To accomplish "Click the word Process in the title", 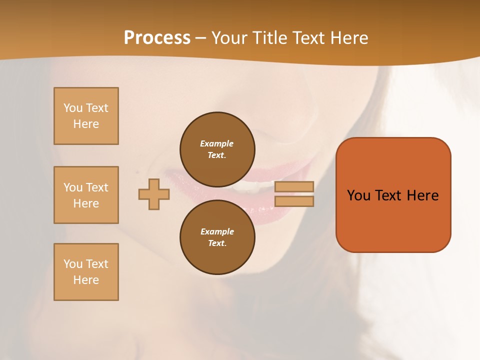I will (x=157, y=38).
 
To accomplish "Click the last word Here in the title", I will (x=347, y=38).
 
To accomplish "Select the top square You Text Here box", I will (x=86, y=116).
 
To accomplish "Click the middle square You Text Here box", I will (x=86, y=195).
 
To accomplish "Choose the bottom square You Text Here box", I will (x=86, y=272).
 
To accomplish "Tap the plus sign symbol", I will (x=154, y=194).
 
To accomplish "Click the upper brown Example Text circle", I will (x=217, y=149).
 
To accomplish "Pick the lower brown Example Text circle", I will (x=217, y=237).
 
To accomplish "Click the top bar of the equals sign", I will (x=294, y=186).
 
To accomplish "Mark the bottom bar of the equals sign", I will (x=294, y=201).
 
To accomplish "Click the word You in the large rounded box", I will (x=359, y=195).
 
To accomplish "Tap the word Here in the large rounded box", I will (x=422, y=195).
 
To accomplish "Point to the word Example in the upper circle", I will (x=217, y=143).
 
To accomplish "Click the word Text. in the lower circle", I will (x=217, y=243).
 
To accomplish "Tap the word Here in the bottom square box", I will (x=86, y=280).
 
